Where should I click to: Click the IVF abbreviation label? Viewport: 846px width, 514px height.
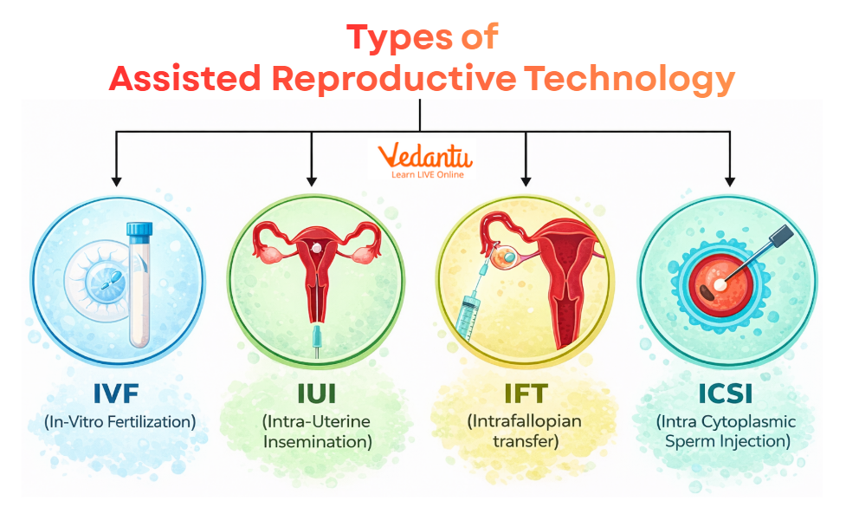[119, 394]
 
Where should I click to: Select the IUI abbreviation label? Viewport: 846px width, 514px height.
[316, 394]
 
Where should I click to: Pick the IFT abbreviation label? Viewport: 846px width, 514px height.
[526, 394]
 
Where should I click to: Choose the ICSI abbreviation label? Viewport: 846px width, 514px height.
[727, 394]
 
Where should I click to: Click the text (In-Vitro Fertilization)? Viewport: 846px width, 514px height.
[119, 422]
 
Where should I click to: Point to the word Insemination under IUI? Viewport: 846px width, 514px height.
[317, 441]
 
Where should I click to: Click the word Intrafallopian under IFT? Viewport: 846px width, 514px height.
[526, 422]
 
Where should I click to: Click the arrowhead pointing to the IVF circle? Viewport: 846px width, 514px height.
[116, 181]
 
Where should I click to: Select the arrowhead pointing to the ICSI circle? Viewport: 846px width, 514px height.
[729, 181]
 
